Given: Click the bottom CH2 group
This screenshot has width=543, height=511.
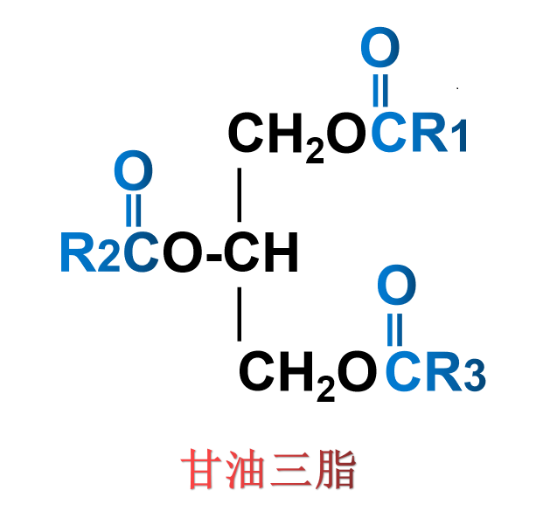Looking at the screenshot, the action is [x=287, y=375].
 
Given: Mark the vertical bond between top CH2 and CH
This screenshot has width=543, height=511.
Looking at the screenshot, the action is [x=239, y=194].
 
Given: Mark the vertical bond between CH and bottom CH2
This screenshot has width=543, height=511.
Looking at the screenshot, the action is [x=239, y=314].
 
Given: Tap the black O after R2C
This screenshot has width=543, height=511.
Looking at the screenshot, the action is [x=181, y=254].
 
